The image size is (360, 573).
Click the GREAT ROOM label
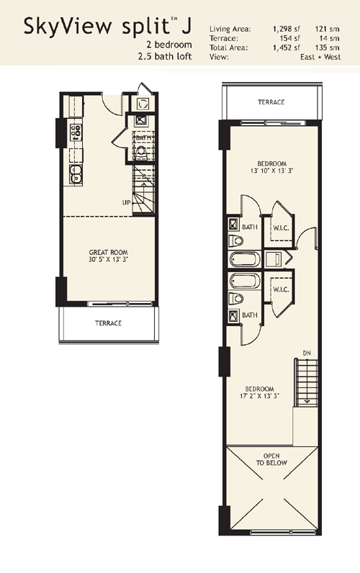(x=109, y=252)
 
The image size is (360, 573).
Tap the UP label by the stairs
(x=126, y=202)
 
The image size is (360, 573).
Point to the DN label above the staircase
(x=307, y=353)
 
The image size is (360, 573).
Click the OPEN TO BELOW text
(x=271, y=459)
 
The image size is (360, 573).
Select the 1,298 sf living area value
(x=287, y=29)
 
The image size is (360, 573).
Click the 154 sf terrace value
(x=292, y=38)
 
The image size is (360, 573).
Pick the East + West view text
(x=320, y=57)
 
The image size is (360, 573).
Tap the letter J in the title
(x=186, y=27)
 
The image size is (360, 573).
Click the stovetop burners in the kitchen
(x=76, y=132)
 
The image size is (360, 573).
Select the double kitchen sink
(x=76, y=174)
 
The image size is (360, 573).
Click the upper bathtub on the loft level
(x=245, y=259)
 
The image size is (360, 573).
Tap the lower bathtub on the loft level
(x=245, y=281)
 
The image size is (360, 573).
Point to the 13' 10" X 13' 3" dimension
(x=272, y=171)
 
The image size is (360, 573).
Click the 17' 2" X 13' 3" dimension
(x=259, y=396)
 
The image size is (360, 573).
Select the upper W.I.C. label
(x=281, y=228)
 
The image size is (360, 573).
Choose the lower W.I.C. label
(x=281, y=289)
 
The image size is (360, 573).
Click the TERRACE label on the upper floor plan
(x=271, y=102)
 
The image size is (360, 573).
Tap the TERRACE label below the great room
(x=108, y=323)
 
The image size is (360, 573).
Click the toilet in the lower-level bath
(x=140, y=152)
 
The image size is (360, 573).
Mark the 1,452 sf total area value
(x=287, y=48)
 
